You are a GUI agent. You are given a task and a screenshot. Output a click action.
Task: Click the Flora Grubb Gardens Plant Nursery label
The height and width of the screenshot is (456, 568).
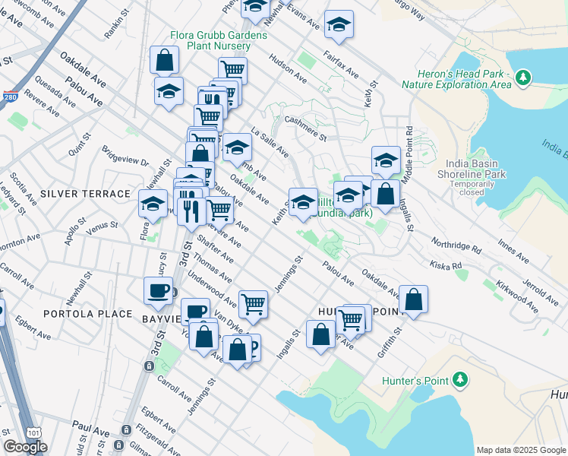tap(210, 41)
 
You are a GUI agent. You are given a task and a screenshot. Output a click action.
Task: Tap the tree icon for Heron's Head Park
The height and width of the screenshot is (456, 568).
tap(522, 77)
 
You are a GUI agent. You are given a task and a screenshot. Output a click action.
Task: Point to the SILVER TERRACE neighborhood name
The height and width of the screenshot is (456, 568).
tap(75, 194)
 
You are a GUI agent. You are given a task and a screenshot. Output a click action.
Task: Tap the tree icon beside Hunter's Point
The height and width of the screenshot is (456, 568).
tap(459, 378)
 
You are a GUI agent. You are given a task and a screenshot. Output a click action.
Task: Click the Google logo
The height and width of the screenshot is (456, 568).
tap(25, 447)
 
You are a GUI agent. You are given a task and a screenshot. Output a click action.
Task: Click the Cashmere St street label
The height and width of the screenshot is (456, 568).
tap(305, 128)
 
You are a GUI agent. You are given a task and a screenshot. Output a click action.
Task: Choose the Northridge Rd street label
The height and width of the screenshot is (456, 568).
tap(456, 249)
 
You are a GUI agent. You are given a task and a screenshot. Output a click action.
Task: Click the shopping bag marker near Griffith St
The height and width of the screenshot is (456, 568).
tap(413, 300)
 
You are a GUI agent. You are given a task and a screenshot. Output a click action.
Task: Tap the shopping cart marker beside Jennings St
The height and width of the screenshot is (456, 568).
tap(253, 305)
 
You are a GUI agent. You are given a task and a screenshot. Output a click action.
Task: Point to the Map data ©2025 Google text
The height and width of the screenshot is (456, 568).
tap(520, 449)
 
